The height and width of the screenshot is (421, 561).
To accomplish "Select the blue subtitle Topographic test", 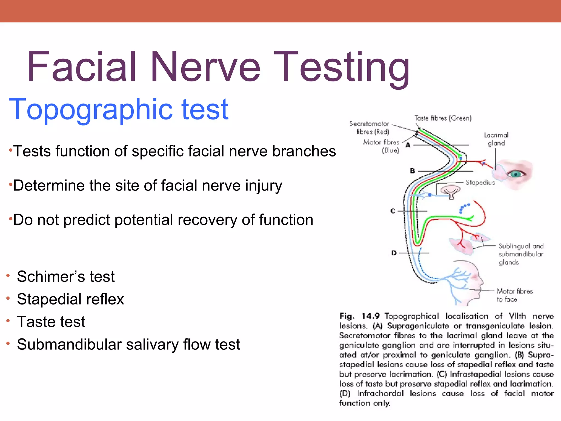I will point(118,109).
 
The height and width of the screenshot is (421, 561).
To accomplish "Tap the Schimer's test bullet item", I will point(66,276).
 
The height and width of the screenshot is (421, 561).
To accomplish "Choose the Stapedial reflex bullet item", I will point(70,299).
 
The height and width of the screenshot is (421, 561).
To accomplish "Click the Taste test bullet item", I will point(51,322).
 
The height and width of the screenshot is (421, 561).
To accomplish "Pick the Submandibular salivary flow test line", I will point(128,345).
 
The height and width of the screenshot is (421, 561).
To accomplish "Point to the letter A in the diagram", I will point(408,145).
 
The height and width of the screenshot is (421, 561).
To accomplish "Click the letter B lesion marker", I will point(413,171).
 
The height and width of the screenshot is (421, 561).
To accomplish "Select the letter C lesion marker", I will point(393,211).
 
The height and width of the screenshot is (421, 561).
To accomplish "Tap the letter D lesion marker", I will point(394,253).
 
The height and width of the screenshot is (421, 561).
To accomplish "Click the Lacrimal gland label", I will point(496,139).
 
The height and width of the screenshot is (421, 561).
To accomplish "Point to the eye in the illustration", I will point(516,174).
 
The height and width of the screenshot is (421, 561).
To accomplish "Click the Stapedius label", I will point(480,183).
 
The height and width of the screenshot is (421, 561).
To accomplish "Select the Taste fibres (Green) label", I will point(443,118).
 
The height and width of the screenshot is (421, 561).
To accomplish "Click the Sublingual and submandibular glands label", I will point(521,254).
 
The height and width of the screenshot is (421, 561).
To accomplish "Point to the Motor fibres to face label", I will point(514,295).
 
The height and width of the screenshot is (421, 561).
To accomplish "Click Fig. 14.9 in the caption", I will point(359,316).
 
